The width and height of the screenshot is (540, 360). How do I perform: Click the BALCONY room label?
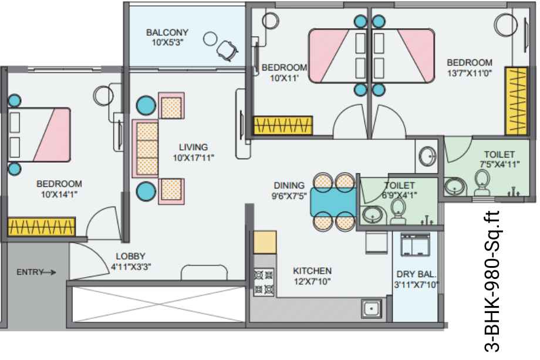pyautogui.click(x=167, y=32)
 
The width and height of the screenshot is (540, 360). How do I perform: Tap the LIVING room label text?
pyautogui.click(x=193, y=147)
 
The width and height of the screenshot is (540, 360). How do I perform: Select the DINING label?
pyautogui.click(x=289, y=186)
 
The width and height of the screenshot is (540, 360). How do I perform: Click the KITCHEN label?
pyautogui.click(x=312, y=271)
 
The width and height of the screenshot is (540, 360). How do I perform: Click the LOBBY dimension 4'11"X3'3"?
pyautogui.click(x=131, y=267)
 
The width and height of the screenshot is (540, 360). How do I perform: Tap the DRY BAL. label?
pyautogui.click(x=416, y=274)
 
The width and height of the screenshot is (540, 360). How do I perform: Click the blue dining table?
pyautogui.click(x=333, y=202)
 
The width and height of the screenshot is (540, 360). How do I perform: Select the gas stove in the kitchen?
pyautogui.click(x=264, y=282)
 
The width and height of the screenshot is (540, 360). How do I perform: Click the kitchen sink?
pyautogui.click(x=371, y=309)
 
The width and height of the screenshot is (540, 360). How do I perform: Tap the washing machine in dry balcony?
pyautogui.click(x=416, y=244)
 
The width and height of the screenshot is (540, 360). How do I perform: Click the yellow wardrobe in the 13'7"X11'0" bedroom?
pyautogui.click(x=516, y=101)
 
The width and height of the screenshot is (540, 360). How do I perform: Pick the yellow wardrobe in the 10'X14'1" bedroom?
pyautogui.click(x=41, y=227)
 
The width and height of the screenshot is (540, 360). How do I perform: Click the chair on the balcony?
pyautogui.click(x=228, y=51)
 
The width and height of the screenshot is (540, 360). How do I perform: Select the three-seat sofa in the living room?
pyautogui.click(x=146, y=149)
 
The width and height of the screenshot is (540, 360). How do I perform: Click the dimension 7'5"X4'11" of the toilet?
pyautogui.click(x=500, y=164)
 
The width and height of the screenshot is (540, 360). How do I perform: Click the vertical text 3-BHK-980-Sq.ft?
pyautogui.click(x=491, y=281)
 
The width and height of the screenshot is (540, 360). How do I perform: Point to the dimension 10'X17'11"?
pyautogui.click(x=193, y=158)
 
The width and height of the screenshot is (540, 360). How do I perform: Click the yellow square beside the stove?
pyautogui.click(x=265, y=242)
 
